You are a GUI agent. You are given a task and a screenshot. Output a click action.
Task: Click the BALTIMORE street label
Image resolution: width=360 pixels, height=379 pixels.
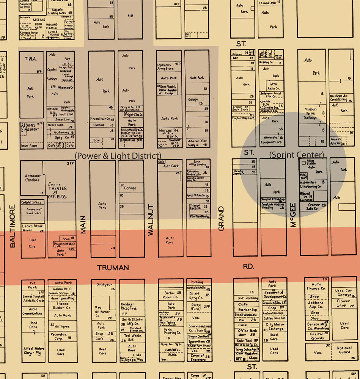[x=13, y=226]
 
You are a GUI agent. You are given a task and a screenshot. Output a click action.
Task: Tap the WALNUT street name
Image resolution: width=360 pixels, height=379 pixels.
[x=151, y=220]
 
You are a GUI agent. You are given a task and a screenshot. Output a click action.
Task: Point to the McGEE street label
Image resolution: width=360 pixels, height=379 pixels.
[x=293, y=215]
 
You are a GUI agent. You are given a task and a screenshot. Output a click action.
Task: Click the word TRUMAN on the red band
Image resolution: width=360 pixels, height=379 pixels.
[x=113, y=268]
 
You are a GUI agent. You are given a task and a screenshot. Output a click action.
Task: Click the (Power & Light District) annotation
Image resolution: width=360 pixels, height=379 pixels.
[x=118, y=156]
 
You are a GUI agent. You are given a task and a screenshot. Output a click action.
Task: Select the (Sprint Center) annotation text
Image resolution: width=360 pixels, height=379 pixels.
[x=297, y=155]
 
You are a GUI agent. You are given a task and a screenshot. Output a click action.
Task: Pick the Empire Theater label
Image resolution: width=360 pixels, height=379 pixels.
[x=57, y=188]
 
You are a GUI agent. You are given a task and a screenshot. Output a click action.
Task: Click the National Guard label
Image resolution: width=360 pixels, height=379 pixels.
[x=344, y=350]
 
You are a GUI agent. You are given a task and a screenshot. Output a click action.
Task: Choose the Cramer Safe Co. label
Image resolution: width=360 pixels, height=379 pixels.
[x=314, y=207]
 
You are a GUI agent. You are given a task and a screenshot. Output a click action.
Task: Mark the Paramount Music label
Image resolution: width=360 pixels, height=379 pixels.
[x=64, y=244]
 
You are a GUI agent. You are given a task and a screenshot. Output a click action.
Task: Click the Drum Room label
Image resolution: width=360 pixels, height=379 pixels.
[x=29, y=146]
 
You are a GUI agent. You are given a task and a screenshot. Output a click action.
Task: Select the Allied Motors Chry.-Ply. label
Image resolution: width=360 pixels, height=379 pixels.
[x=33, y=351]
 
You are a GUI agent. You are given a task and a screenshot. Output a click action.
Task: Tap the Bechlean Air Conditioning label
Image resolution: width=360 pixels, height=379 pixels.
[x=339, y=98]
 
